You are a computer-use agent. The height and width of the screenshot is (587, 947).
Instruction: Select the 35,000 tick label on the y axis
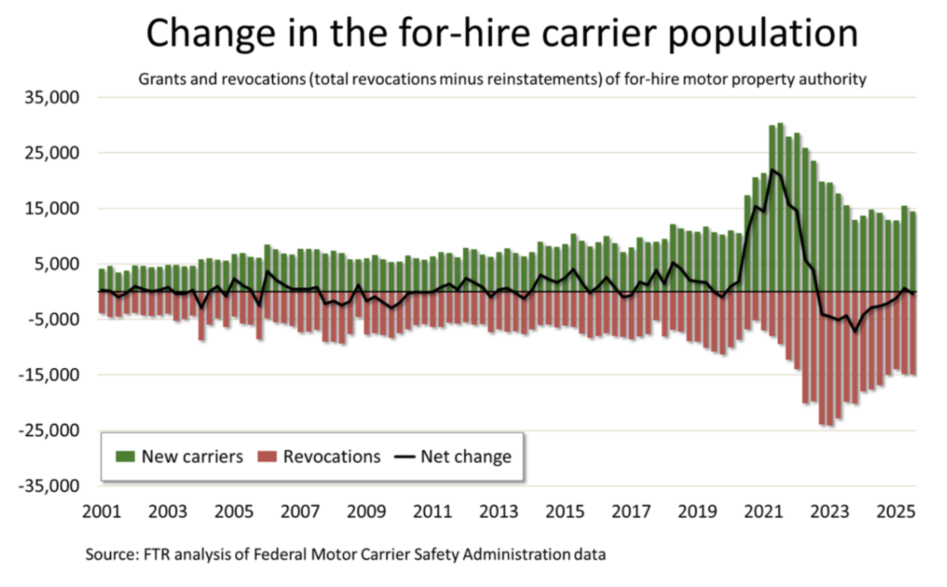[52, 97]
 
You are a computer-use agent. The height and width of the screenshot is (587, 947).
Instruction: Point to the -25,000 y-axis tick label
[48, 430]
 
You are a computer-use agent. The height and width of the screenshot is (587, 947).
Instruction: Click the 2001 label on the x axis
[101, 512]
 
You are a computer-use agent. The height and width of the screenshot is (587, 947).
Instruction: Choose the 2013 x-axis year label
[499, 512]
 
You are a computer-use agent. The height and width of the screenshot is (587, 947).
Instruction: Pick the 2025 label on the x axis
[895, 512]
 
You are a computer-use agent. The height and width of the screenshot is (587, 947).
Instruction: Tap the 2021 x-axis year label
[763, 512]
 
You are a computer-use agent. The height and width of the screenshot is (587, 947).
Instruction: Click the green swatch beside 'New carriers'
[125, 457]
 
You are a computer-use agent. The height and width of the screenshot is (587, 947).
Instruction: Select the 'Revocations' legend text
[331, 457]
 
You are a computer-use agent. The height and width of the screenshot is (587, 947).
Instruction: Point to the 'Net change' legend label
[466, 457]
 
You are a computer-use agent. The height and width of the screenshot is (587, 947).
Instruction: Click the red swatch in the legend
[267, 457]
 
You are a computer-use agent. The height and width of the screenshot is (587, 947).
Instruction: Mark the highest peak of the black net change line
[772, 170]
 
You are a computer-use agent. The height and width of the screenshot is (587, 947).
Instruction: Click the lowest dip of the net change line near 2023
[855, 331]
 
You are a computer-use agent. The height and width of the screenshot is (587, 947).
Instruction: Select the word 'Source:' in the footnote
[112, 554]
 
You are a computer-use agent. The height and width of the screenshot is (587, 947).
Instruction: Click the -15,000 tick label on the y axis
[48, 375]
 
